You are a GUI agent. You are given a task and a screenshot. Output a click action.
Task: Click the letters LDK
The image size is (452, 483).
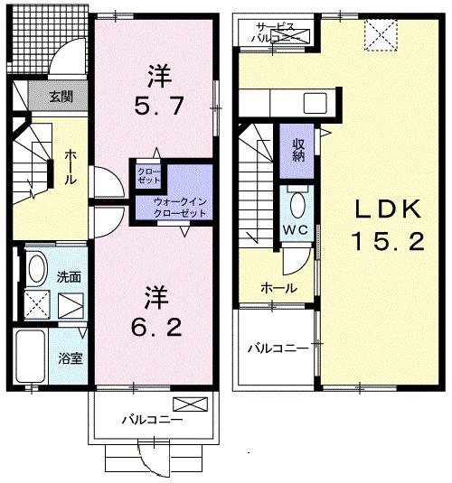point(387,209)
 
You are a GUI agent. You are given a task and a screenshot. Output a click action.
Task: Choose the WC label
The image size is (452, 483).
point(298,230)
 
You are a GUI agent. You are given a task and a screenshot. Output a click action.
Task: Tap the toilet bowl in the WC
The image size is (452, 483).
point(298,200)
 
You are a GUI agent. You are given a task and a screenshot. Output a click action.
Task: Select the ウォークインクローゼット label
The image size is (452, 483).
point(180,207)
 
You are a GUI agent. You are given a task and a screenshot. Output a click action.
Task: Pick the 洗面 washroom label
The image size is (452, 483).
point(70,275)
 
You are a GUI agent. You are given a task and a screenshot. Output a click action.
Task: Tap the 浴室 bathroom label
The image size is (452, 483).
point(71,357)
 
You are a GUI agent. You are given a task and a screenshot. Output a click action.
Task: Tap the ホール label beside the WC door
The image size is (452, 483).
point(276,288)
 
